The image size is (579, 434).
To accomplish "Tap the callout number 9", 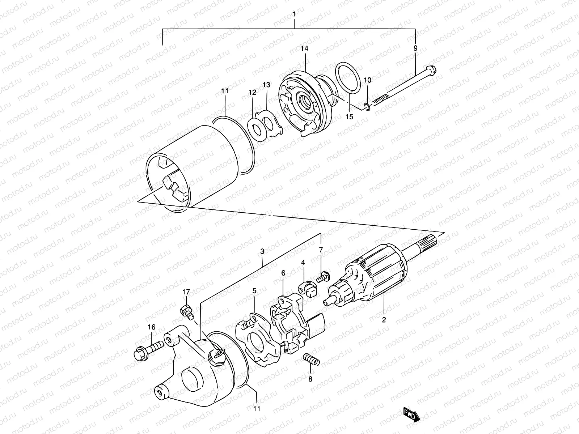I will [415, 48].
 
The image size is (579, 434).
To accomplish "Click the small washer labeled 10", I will [367, 106].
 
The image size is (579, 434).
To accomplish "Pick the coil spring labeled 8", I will [310, 359].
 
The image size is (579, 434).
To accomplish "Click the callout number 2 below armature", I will [384, 320].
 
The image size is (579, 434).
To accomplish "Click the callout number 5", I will [254, 290].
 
